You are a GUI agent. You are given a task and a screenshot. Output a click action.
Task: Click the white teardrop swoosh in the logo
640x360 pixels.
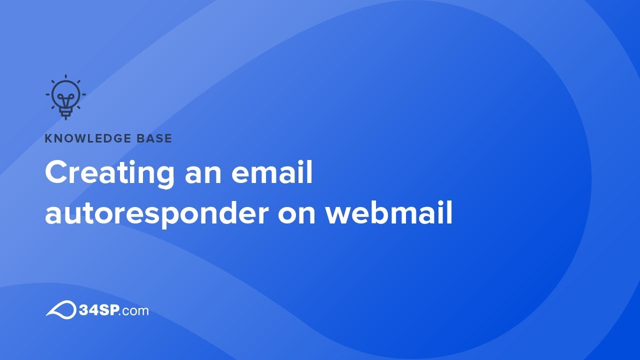[60, 309]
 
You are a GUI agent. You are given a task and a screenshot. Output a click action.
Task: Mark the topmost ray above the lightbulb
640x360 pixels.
[65, 77]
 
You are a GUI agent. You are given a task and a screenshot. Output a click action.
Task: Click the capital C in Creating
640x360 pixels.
[56, 173]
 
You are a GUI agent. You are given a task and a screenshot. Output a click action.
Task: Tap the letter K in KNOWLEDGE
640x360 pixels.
[48, 138]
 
